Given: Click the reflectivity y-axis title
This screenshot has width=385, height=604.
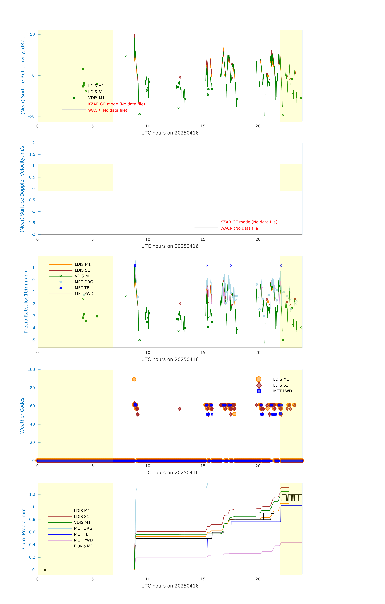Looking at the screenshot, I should [23, 75].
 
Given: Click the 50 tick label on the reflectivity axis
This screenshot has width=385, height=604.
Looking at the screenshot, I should [32, 35].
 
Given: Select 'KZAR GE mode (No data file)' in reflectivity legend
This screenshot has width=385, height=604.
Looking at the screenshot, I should [116, 104].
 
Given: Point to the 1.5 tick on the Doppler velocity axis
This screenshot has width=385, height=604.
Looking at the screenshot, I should [32, 155].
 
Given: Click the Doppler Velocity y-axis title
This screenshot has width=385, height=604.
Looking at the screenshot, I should [22, 189].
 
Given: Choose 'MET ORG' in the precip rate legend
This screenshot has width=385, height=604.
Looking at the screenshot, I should [84, 282].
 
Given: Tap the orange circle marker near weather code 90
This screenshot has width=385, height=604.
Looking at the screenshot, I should [134, 379].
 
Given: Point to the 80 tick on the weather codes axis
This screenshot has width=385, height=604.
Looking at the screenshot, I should [32, 388].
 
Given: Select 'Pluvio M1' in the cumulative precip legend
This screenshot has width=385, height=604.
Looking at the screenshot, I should [83, 546].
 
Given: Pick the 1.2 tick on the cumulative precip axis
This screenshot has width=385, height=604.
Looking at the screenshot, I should [32, 494].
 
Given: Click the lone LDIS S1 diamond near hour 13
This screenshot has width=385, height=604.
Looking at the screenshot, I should [180, 409].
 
